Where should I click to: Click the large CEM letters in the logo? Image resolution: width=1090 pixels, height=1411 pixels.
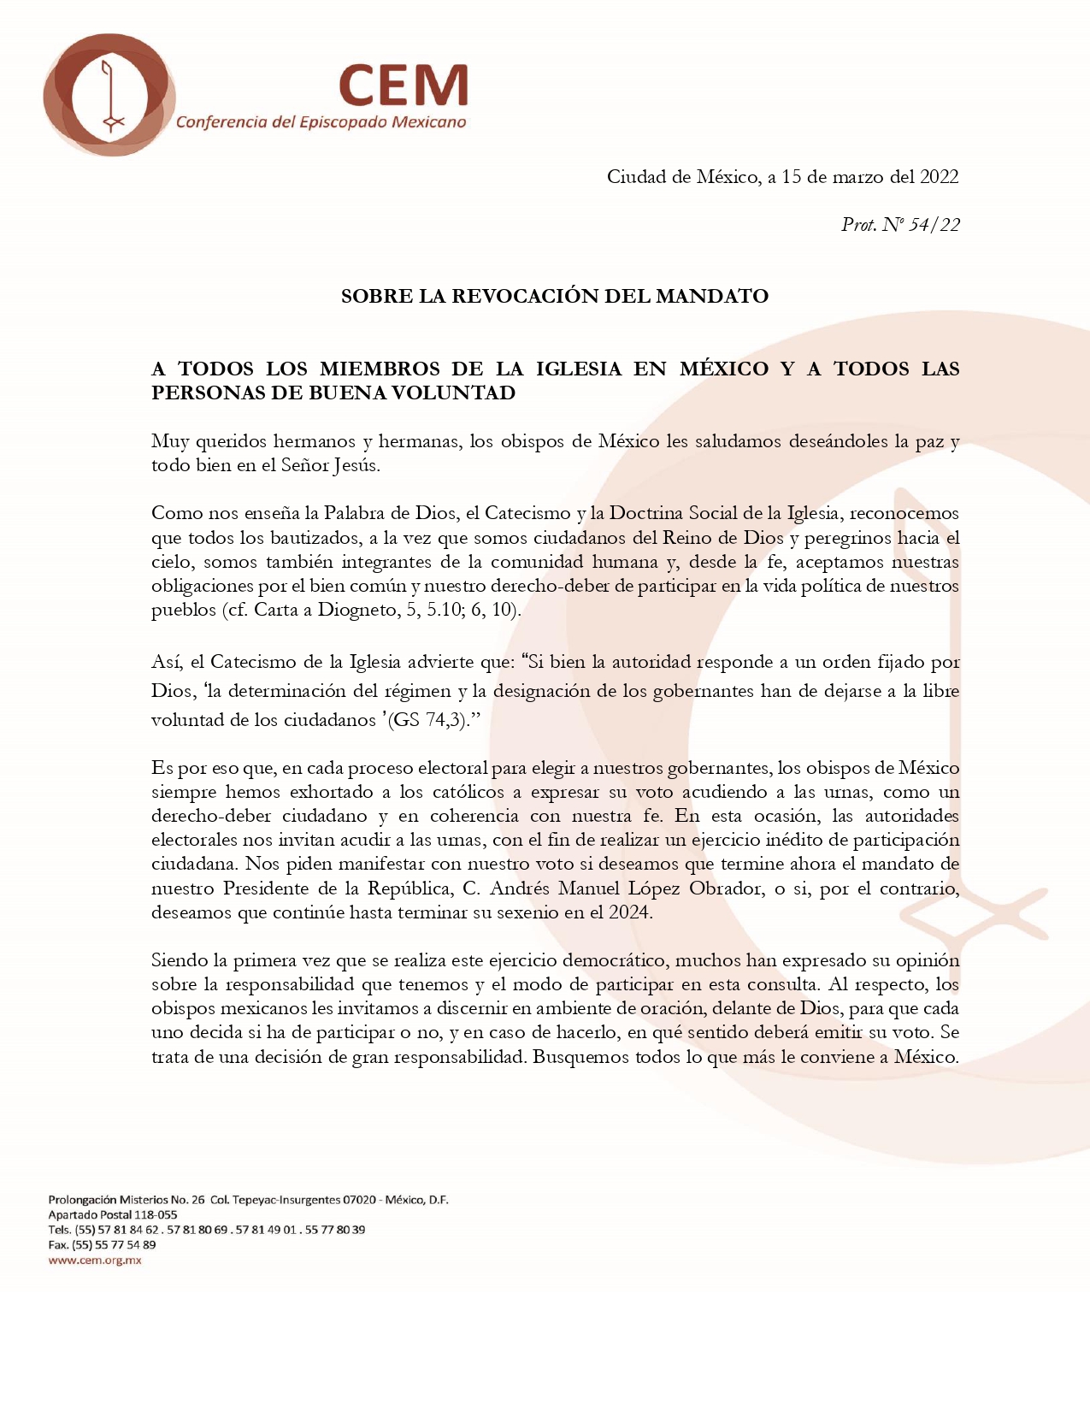[x=404, y=86]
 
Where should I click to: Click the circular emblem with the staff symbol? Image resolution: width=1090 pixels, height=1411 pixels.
[x=109, y=95]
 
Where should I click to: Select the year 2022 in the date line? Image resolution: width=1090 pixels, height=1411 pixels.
[x=939, y=177]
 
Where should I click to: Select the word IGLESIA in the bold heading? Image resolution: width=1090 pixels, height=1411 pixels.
[x=579, y=369]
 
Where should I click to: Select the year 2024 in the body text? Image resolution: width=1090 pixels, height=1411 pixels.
[x=630, y=912]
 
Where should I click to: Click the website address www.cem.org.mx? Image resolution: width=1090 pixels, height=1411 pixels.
[x=95, y=1260]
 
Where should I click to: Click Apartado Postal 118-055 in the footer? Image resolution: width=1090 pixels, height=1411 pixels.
[x=113, y=1214]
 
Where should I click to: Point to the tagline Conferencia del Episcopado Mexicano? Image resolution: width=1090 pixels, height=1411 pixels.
[x=321, y=122]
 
